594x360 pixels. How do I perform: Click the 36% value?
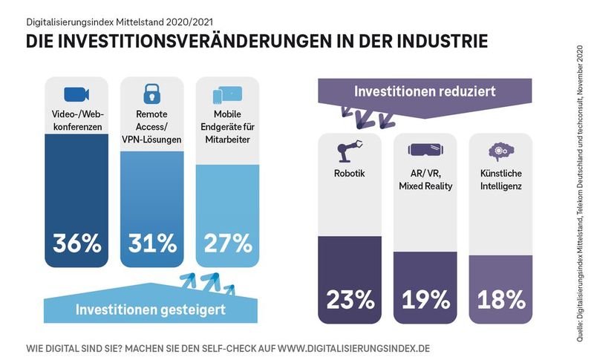coord(76,243)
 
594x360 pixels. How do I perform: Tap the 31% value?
coord(152,243)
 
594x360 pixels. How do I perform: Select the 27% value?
coord(228,243)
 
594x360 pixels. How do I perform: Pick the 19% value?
coord(425,299)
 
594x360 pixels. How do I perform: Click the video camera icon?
coord(76,94)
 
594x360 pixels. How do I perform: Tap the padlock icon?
coord(152,94)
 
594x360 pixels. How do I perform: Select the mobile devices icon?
coord(228,95)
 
